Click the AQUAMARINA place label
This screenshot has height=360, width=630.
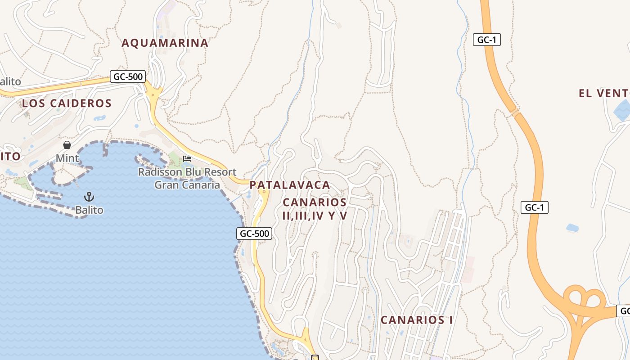point(165,43)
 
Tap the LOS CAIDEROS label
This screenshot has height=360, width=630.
point(67,103)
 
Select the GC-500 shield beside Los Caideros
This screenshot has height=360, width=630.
point(128,76)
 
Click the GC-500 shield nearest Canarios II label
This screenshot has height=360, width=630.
point(254,234)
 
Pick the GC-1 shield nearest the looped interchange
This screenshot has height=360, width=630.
point(534,207)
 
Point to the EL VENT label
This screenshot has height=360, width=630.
point(603,93)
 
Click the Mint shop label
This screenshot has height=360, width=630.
point(67,158)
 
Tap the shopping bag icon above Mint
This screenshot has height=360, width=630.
point(67,145)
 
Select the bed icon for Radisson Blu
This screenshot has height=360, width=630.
point(187,159)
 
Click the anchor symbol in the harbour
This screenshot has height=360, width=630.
point(89,197)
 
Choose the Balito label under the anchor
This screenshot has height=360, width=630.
point(89,210)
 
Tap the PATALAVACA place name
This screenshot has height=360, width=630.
point(290,185)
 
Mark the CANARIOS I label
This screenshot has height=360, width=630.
point(417,320)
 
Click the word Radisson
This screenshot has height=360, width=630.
point(160,172)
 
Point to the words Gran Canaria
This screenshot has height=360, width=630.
point(187,185)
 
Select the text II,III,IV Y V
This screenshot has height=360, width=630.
point(315,216)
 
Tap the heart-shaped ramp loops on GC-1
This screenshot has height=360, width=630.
point(583,297)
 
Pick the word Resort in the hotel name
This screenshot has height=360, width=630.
point(220,172)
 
